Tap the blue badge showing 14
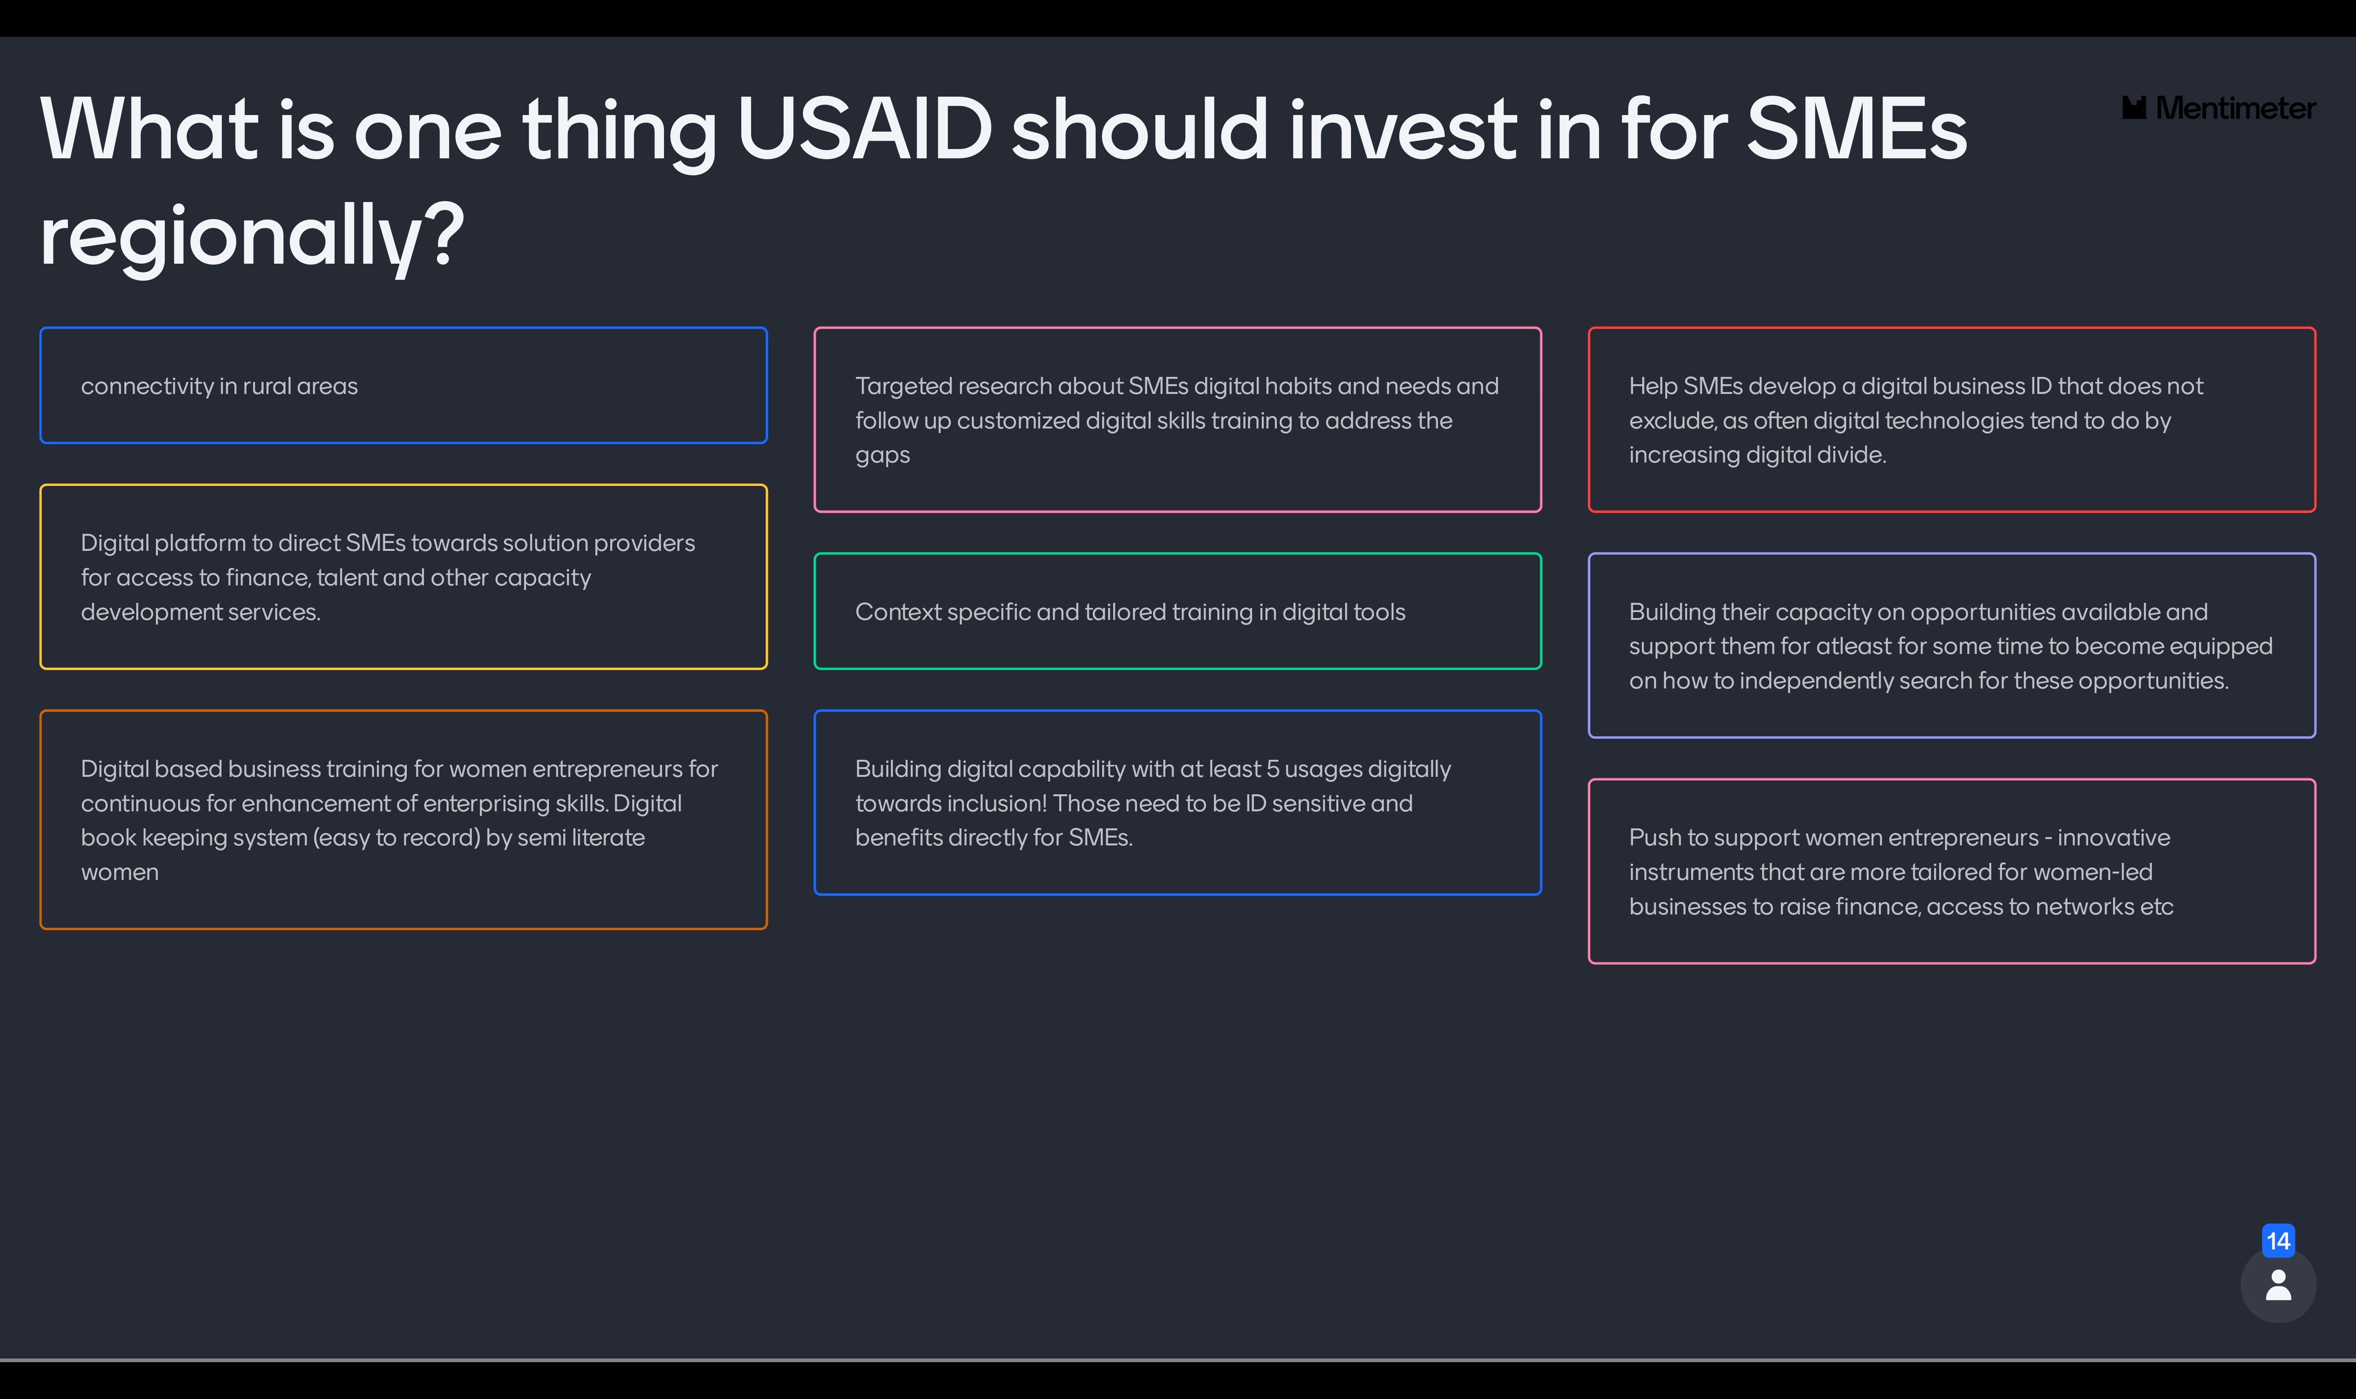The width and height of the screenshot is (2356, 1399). click(2278, 1241)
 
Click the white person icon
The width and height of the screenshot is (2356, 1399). click(2278, 1285)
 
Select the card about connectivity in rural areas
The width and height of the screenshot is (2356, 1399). click(404, 386)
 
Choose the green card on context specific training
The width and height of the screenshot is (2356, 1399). click(1177, 611)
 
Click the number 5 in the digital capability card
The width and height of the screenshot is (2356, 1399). click(1272, 769)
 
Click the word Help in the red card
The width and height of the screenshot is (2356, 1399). click(1653, 387)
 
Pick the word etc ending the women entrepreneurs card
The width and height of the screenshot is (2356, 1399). click(2155, 907)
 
